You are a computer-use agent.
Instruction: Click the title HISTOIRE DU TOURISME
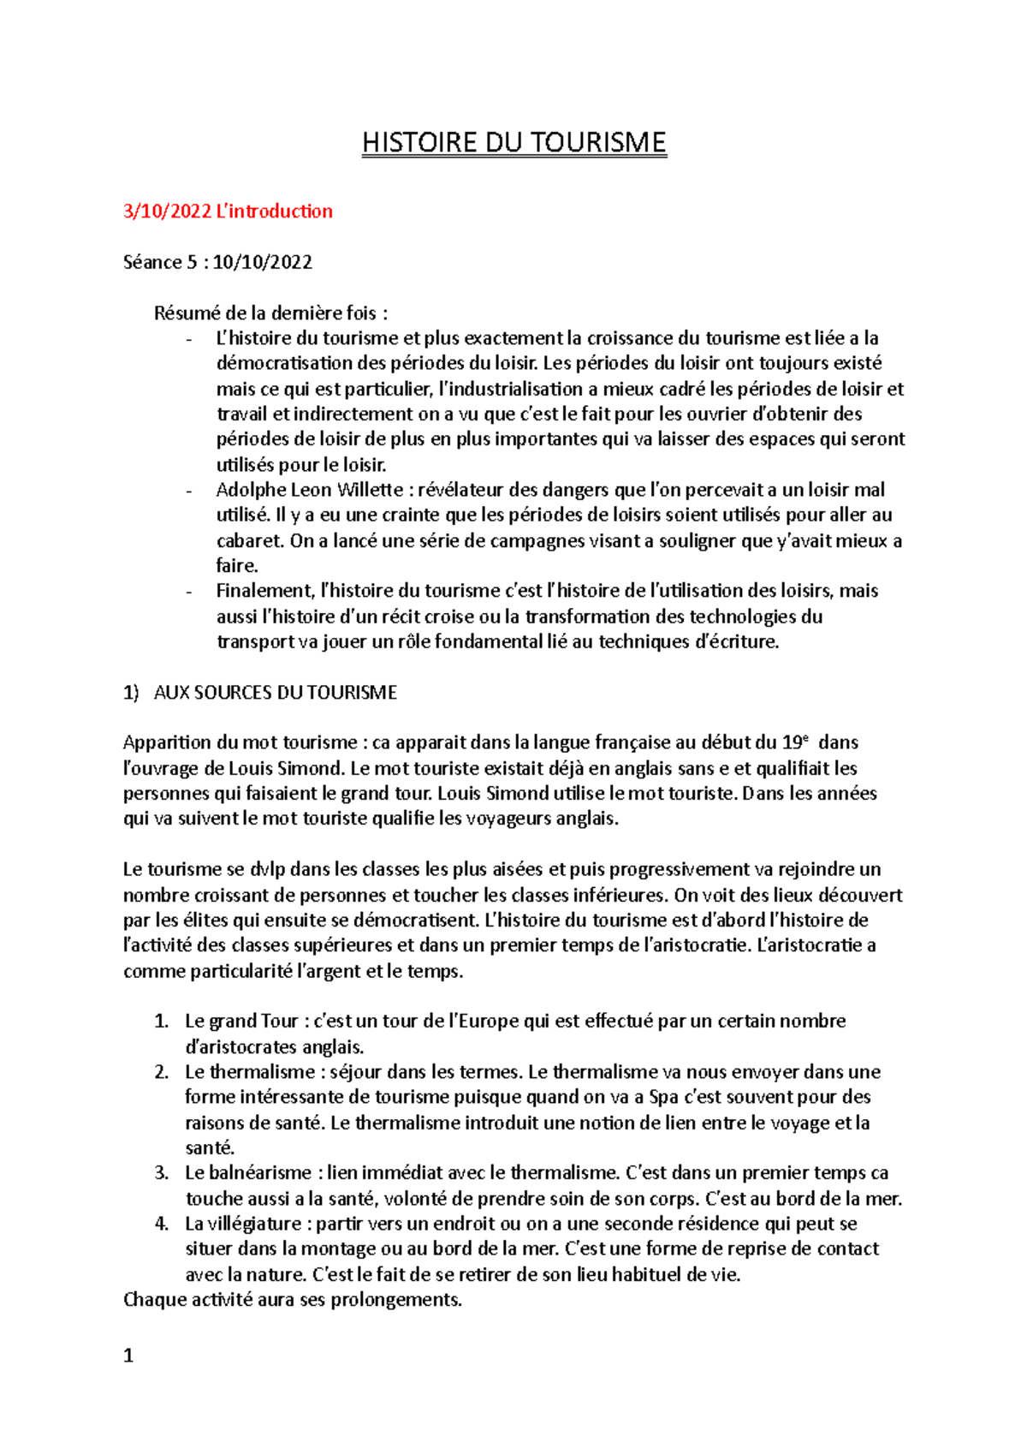513,142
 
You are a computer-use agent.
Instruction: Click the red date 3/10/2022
167,212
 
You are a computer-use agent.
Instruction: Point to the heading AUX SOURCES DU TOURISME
275,693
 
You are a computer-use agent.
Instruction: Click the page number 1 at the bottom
128,1356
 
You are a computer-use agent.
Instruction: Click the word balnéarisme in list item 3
260,1173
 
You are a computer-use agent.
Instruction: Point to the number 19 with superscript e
793,742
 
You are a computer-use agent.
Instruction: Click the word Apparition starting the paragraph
166,742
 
